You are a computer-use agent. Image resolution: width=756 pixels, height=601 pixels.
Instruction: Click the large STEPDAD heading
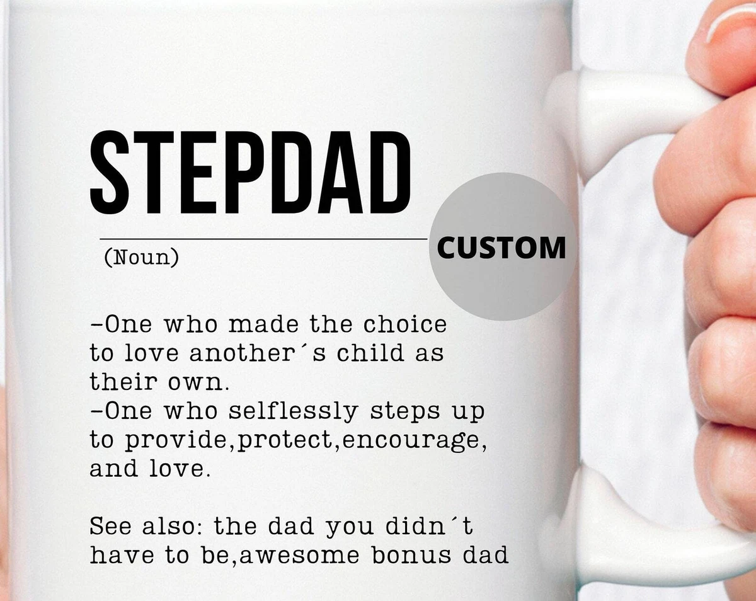tap(250, 173)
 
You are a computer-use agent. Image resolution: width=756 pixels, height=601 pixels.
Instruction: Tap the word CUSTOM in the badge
tap(501, 248)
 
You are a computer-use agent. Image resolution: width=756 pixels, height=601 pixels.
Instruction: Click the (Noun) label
tap(141, 258)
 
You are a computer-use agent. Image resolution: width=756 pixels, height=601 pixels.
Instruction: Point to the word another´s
tap(258, 353)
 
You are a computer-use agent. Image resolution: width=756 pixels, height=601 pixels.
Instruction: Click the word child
tap(370, 353)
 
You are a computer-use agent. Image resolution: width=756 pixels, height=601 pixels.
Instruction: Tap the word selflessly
tap(294, 411)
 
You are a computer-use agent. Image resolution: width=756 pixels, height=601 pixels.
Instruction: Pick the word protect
tap(285, 440)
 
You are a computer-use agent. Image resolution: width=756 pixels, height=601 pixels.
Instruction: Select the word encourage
tap(411, 441)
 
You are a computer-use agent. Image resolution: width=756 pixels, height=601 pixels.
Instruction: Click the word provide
tap(176, 440)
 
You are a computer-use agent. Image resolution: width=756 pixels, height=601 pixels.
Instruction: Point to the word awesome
tap(299, 556)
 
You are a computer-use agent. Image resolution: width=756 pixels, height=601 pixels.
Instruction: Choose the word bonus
tap(411, 555)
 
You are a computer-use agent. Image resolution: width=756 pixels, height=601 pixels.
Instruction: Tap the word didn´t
tap(429, 526)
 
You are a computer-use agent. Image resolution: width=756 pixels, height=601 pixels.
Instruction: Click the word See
tap(110, 526)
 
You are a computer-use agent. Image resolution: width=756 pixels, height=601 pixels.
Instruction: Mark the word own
tap(195, 383)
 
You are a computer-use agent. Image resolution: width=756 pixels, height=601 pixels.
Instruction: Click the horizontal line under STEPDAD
tap(263, 239)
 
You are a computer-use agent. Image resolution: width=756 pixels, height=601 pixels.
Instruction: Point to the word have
tap(122, 555)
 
